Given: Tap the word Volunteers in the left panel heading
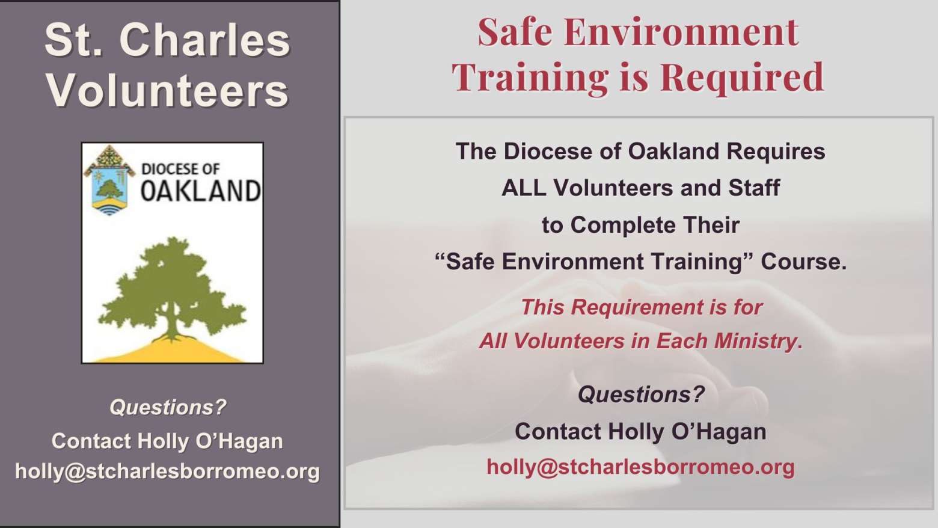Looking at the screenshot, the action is coord(167,90).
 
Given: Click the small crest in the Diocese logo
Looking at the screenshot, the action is coord(109,180).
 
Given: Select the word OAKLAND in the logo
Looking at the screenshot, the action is coord(201,191).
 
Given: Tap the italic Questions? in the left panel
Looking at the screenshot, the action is coord(168,407).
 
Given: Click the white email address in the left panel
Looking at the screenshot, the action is coord(168,471).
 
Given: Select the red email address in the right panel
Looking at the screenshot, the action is coord(640,467).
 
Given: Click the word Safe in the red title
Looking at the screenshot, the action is coord(515,32).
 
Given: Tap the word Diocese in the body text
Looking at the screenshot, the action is coord(548,151).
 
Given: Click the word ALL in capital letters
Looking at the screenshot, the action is coord(524,188).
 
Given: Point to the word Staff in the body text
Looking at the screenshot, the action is coord(754,188).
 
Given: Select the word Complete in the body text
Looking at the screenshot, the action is coord(623,225).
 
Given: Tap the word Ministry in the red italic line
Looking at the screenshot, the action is coord(758,341).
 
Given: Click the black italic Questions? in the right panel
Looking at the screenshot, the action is coord(641,394).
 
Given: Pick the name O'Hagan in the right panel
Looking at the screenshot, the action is coord(719,432).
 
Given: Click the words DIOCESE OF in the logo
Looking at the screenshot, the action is coord(180,169).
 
